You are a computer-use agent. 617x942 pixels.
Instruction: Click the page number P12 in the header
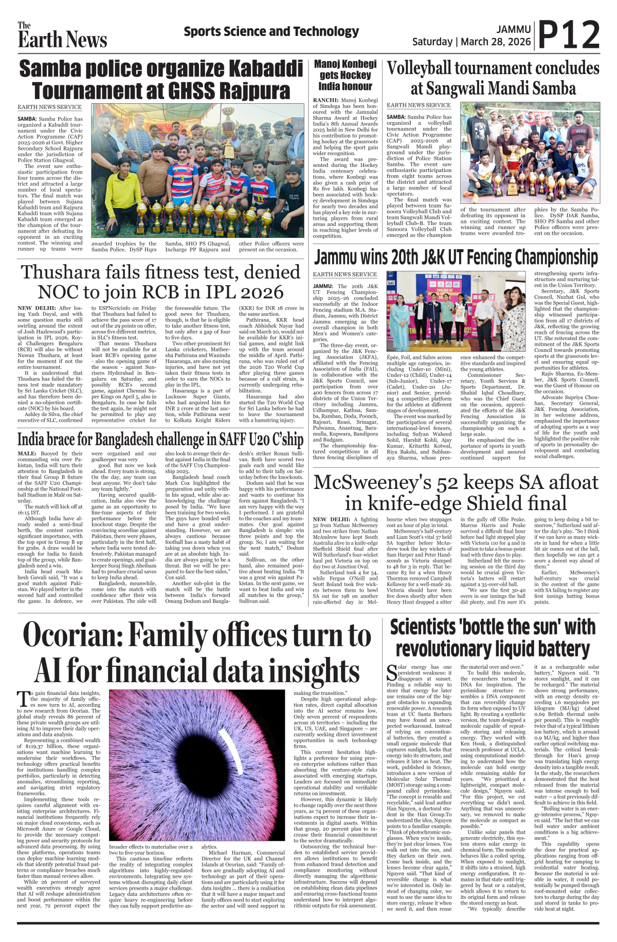click(x=569, y=35)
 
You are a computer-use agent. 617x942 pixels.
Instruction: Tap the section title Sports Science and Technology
click(x=271, y=32)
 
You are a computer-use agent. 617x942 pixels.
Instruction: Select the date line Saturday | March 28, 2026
click(x=471, y=42)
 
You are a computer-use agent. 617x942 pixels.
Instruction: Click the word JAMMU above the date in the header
click(x=513, y=30)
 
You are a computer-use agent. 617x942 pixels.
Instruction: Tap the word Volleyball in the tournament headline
click(x=419, y=68)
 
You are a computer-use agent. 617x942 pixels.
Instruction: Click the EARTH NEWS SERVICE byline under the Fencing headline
click(x=345, y=275)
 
